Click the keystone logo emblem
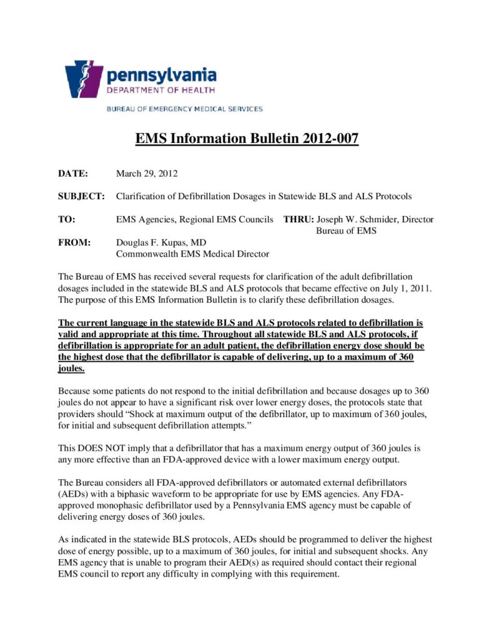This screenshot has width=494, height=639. pos(84,79)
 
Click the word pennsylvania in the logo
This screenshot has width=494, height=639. pos(161,76)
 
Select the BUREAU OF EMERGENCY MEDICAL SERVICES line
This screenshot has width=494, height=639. pos(184,109)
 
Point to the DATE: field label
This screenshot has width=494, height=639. pos(73,173)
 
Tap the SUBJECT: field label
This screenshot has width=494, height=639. pos(81,196)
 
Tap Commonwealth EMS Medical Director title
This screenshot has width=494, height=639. pos(192,253)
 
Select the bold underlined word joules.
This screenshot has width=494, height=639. pos(71,369)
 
